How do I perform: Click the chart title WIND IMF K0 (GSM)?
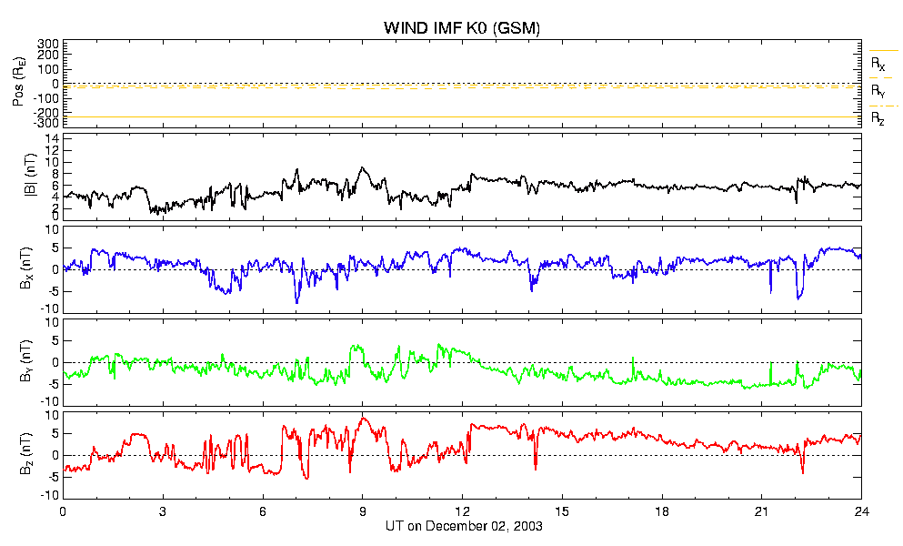click(462, 27)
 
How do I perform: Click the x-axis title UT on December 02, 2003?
click(464, 526)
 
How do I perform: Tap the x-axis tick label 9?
click(362, 511)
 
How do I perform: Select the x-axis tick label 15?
click(562, 511)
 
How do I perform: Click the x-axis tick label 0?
click(63, 511)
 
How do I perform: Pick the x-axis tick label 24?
click(861, 511)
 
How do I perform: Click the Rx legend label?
click(878, 64)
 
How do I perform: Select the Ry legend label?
click(878, 91)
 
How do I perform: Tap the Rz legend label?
click(878, 119)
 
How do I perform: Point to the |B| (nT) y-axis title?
click(31, 175)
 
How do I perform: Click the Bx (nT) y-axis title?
click(25, 268)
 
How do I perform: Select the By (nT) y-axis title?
click(25, 361)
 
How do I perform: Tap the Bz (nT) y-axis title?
click(25, 454)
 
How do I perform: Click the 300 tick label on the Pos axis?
click(48, 44)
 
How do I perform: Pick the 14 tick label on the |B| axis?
click(52, 138)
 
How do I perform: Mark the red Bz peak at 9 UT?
click(363, 418)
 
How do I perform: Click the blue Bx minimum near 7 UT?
click(297, 302)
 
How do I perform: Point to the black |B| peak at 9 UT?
click(362, 167)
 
